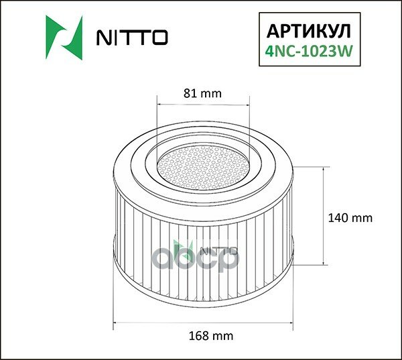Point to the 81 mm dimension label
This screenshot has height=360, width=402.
coord(202,93)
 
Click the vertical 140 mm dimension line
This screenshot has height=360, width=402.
coord(325,217)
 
